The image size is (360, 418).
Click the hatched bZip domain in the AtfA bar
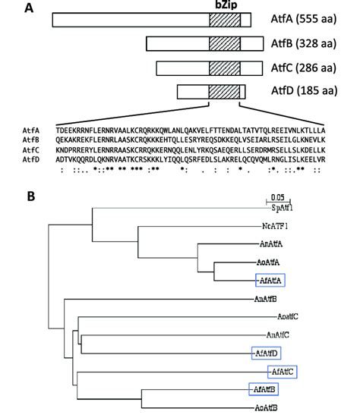pyautogui.click(x=224, y=21)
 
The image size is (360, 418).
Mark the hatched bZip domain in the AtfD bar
pyautogui.click(x=224, y=93)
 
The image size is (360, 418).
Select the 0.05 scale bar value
pyautogui.click(x=279, y=196)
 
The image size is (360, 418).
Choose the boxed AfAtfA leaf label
pyautogui.click(x=271, y=280)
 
